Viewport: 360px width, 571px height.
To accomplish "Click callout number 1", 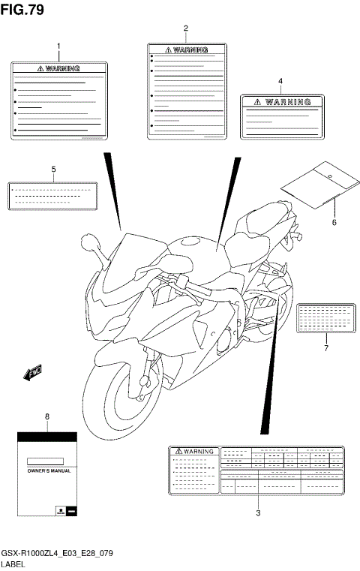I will coord(58,47).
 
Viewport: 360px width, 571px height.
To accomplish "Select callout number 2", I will coord(186,29).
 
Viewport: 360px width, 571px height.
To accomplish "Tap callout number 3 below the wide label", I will coord(257,513).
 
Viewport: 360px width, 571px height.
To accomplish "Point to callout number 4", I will coord(280,80).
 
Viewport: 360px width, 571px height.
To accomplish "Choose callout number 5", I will coord(54,170).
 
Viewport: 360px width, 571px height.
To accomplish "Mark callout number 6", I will coord(334,222).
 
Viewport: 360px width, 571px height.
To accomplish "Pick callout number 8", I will coord(47,415).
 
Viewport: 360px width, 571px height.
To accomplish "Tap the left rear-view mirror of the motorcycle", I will coord(88,243).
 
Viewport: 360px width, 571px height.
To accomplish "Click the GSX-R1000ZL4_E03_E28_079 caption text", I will coord(55,551).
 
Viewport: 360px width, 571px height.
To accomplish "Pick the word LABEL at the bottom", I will coord(13,563).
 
